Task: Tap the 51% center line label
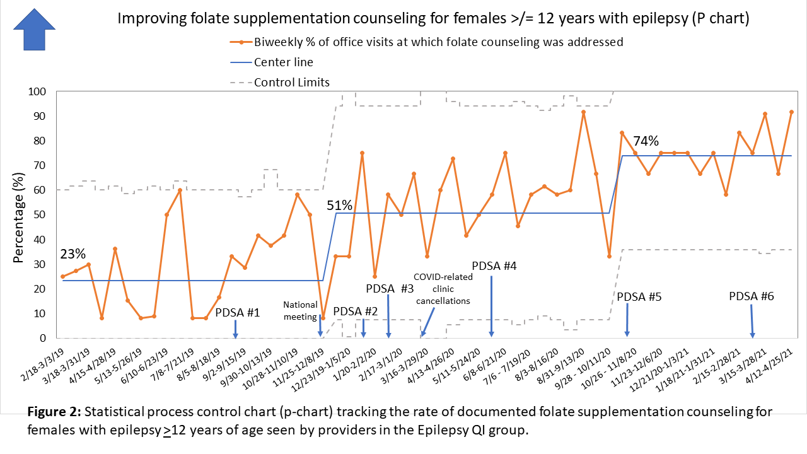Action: pos(339,206)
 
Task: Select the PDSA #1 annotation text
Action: pos(238,312)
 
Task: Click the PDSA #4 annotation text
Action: pos(494,265)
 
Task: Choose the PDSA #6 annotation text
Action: pos(752,296)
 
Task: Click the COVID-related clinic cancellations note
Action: pos(441,288)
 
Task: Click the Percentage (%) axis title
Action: pos(19,215)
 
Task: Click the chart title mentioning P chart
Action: pos(433,19)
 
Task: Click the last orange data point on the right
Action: pos(791,112)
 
